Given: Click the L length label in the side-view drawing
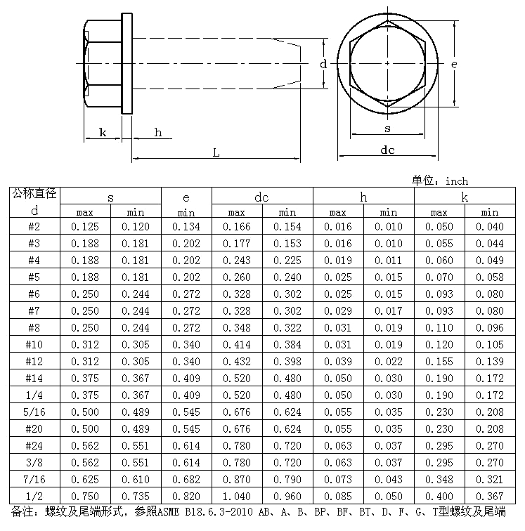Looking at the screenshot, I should click(216, 152).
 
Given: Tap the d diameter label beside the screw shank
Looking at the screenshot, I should click(323, 64).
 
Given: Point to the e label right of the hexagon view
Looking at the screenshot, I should click(454, 65).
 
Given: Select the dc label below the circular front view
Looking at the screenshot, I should click(387, 150).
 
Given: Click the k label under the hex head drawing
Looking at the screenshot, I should click(103, 132).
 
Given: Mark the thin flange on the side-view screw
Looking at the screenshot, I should click(127, 64).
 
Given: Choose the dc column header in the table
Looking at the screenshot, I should click(261, 198).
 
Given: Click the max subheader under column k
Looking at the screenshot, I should click(439, 213).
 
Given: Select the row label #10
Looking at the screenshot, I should click(34, 344).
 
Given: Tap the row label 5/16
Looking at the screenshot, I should click(34, 412).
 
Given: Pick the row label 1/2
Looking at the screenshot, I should click(34, 496).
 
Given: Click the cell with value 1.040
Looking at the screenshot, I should click(236, 496).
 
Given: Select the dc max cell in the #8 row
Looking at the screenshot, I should click(236, 327).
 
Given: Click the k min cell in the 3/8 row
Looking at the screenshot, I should click(489, 462).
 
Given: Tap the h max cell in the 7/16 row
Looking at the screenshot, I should click(337, 479).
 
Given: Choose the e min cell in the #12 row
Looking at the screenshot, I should click(186, 361).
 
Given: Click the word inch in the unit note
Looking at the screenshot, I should click(458, 181).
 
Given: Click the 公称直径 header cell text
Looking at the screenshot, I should click(34, 193).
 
